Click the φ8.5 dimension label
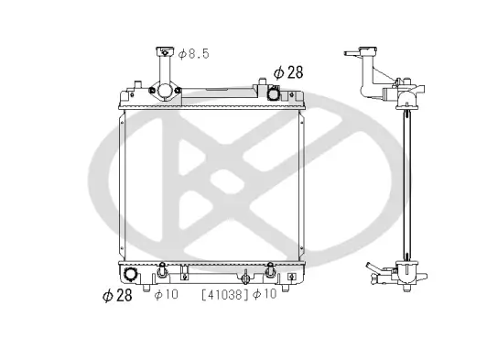pyautogui.click(x=193, y=55)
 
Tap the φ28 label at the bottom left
pyautogui.click(x=119, y=295)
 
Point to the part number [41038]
pyautogui.click(x=224, y=294)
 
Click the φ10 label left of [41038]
pyautogui.click(x=166, y=295)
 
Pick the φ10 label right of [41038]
pyautogui.click(x=265, y=294)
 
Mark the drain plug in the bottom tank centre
pyautogui.click(x=245, y=274)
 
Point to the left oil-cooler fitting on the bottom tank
pyautogui.click(x=162, y=272)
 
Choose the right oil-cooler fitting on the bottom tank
pyautogui.click(x=270, y=271)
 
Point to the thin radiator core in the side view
pyautogui.click(x=403, y=183)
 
